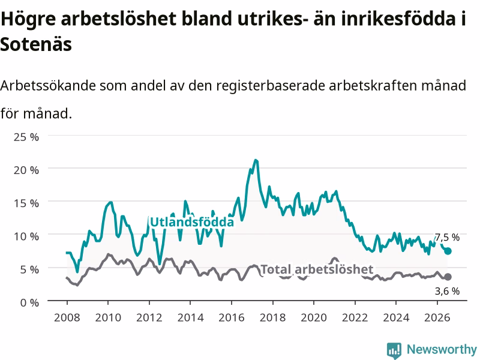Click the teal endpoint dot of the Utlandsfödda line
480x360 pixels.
pyautogui.click(x=448, y=251)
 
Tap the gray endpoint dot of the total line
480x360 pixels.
pyautogui.click(x=448, y=277)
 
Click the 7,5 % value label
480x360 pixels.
pyautogui.click(x=447, y=237)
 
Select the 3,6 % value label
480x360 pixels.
pyautogui.click(x=447, y=291)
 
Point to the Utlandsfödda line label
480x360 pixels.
pyautogui.click(x=192, y=222)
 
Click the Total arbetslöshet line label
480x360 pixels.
pyautogui.click(x=317, y=269)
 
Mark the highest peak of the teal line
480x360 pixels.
pyautogui.click(x=256, y=160)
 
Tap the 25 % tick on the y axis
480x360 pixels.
pyautogui.click(x=26, y=137)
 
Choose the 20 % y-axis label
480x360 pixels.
pyautogui.click(x=26, y=170)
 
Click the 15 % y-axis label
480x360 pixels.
pyautogui.click(x=26, y=203)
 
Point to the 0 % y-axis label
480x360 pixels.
pyautogui.click(x=29, y=303)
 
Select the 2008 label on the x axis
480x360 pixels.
pyautogui.click(x=67, y=317)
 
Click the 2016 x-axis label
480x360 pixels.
pyautogui.click(x=232, y=317)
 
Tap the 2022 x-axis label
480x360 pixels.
pyautogui.click(x=355, y=317)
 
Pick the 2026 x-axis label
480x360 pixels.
pyautogui.click(x=437, y=317)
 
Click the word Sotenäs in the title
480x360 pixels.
pyautogui.click(x=36, y=44)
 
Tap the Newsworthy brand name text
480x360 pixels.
pyautogui.click(x=442, y=349)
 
